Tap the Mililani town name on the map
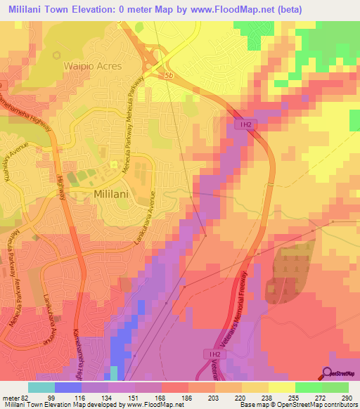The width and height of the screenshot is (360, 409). pos(115,192)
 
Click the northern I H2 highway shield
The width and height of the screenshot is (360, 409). pos(243,124)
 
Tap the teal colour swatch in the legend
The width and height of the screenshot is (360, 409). pos(41,387)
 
